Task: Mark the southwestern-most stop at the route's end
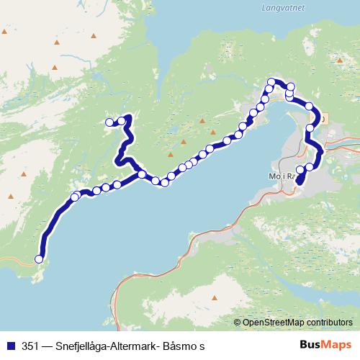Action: tap(39, 259)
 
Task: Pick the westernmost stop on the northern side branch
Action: tap(109, 122)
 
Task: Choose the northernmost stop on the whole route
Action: tap(271, 81)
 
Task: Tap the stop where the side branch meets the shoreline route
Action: tap(142, 174)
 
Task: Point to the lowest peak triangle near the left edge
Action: tap(12, 196)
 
